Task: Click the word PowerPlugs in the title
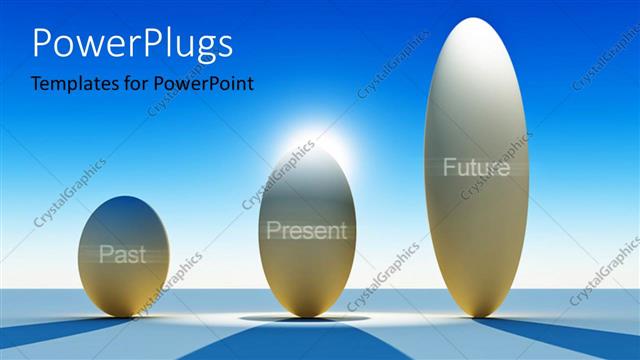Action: (x=133, y=45)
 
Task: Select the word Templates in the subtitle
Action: (x=70, y=84)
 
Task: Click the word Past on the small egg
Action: (x=122, y=255)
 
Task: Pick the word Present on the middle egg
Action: (x=306, y=231)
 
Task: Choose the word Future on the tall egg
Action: (x=476, y=167)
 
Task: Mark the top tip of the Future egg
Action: (x=476, y=21)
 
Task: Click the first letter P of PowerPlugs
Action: (x=44, y=45)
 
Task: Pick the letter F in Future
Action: (x=450, y=167)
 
